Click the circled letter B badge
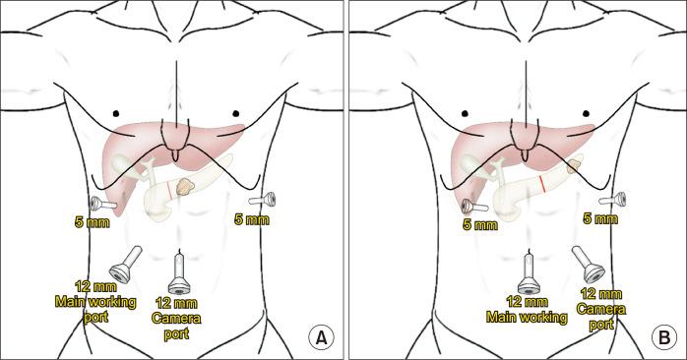point(664,337)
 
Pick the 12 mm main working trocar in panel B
point(529,272)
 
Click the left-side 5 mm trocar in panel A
point(101,204)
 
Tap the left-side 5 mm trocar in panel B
point(473,207)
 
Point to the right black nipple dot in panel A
point(237,113)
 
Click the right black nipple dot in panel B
point(587,113)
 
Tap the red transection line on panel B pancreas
point(542,184)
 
